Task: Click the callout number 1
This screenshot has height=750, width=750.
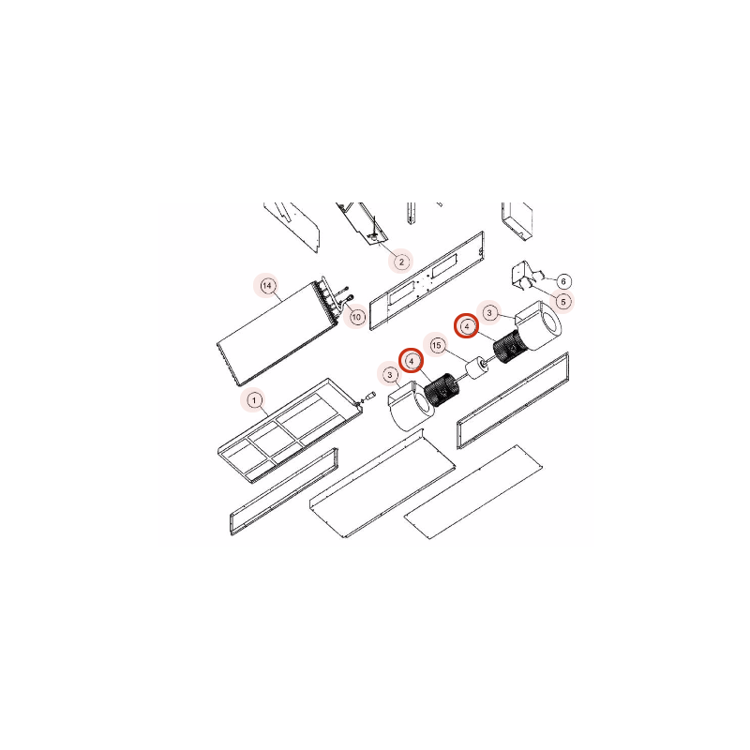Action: coord(254,400)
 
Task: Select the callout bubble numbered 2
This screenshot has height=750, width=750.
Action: coord(401,262)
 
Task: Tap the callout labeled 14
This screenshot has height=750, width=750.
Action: coord(267,286)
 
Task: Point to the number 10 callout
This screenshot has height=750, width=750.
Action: coord(356,317)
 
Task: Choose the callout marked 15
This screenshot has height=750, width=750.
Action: coord(436,345)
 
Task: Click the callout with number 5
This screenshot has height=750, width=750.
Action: coord(563,302)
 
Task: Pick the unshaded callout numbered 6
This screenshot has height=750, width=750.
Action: coord(563,281)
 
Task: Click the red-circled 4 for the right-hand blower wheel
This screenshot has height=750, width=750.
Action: coord(466,325)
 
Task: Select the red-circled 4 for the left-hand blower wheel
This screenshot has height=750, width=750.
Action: coord(412,361)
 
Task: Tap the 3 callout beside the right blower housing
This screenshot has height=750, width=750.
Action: coord(488,313)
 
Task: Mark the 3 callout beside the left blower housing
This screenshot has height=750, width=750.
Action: coord(390,374)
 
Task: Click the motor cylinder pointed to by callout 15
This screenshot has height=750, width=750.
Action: coord(476,368)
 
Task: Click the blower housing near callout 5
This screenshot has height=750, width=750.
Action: coord(538,324)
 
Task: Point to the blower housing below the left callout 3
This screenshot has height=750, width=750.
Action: coord(411,407)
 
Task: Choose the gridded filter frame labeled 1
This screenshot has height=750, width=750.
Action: coord(290,430)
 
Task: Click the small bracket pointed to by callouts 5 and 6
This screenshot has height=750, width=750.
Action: coord(524,276)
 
